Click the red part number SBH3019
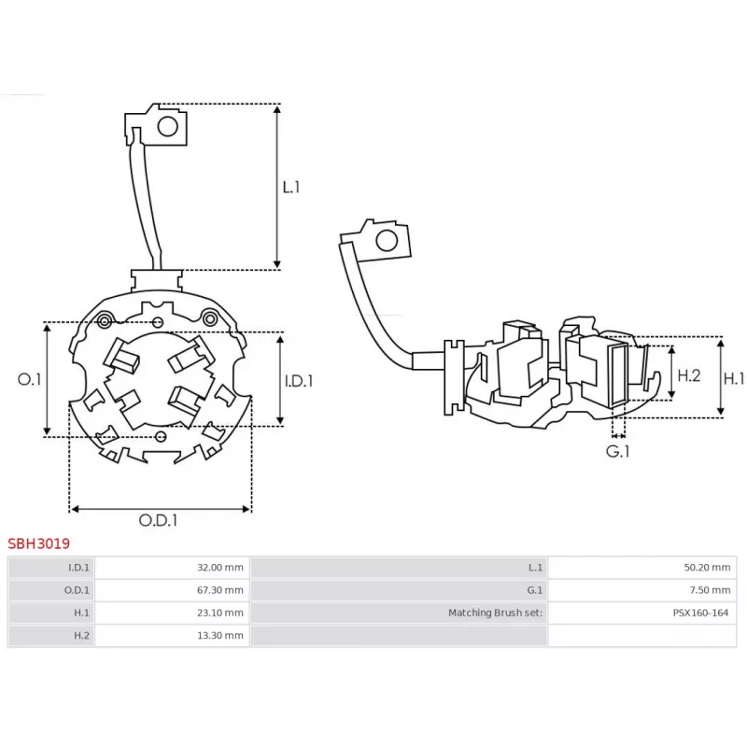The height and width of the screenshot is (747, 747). pyautogui.click(x=38, y=543)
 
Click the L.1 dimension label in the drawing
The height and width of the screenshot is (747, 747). pyautogui.click(x=291, y=187)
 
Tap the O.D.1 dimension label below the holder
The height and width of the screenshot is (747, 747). pyautogui.click(x=159, y=520)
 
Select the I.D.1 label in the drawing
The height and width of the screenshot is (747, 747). pyautogui.click(x=299, y=380)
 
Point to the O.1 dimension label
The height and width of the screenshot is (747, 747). pyautogui.click(x=30, y=379)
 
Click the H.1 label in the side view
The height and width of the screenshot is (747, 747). pyautogui.click(x=735, y=377)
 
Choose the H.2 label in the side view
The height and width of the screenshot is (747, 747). pyautogui.click(x=688, y=375)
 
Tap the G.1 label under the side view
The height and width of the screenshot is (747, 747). pyautogui.click(x=618, y=451)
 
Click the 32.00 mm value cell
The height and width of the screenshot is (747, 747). pyautogui.click(x=222, y=568)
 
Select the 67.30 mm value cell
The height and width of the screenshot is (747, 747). pyautogui.click(x=222, y=590)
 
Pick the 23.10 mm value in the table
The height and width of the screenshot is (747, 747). pyautogui.click(x=222, y=613)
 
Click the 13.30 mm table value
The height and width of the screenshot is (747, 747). pyautogui.click(x=222, y=635)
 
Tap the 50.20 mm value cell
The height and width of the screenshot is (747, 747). pyautogui.click(x=707, y=568)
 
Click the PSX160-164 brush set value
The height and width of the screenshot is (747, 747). pyautogui.click(x=700, y=613)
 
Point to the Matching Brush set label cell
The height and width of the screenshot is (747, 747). pyautogui.click(x=495, y=613)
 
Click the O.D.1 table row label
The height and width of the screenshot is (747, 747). pyautogui.click(x=78, y=590)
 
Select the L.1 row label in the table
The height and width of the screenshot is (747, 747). pyautogui.click(x=535, y=568)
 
